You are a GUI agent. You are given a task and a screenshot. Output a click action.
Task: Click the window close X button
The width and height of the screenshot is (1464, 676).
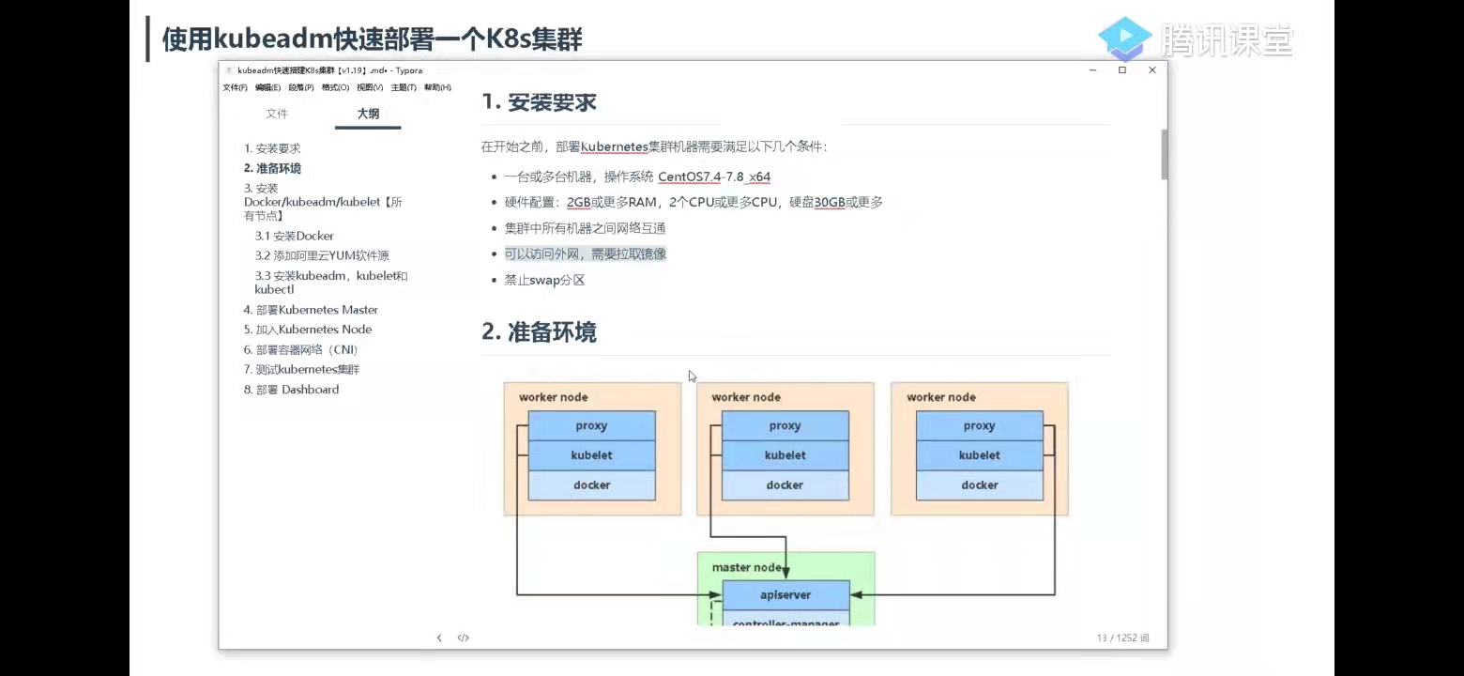(1152, 70)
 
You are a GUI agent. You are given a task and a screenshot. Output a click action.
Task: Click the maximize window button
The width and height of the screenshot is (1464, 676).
(1121, 70)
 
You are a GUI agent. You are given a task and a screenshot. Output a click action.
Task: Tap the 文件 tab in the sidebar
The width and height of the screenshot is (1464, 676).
(277, 114)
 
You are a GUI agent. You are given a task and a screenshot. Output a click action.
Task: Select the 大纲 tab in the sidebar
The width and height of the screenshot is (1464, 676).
(368, 114)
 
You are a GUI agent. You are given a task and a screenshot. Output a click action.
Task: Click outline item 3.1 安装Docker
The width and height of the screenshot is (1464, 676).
(294, 236)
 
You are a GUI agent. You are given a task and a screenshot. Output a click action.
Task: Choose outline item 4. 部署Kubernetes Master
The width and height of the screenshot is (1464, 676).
(311, 310)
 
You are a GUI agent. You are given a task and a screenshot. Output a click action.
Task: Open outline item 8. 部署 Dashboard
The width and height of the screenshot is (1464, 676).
(291, 390)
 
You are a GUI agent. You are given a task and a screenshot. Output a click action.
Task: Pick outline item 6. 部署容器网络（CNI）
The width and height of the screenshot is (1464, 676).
(300, 349)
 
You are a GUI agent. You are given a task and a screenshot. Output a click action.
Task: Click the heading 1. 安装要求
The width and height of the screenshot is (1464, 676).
(539, 102)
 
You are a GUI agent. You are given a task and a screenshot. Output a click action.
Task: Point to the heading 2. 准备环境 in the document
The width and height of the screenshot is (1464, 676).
(539, 332)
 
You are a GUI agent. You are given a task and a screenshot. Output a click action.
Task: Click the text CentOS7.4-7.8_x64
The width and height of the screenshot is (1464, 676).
(713, 177)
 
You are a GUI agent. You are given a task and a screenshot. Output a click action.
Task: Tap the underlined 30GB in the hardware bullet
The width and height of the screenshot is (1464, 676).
(830, 202)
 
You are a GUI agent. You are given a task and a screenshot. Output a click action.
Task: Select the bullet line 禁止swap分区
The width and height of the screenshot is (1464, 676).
(544, 280)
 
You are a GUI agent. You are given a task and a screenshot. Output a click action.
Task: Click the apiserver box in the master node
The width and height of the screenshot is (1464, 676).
(785, 595)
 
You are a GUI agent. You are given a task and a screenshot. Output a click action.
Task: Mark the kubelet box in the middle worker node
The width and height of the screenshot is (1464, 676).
(785, 455)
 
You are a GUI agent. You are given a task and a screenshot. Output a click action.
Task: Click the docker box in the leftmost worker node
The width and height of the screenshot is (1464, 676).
(591, 485)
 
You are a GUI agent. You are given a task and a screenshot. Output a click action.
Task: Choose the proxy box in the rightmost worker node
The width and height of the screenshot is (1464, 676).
(979, 426)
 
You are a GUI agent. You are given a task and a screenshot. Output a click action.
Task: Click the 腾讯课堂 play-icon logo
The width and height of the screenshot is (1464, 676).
(1124, 38)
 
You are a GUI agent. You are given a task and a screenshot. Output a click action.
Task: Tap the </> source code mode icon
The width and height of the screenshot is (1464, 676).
(463, 638)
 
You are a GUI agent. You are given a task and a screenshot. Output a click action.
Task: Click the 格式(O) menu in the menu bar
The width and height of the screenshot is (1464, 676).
(335, 87)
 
